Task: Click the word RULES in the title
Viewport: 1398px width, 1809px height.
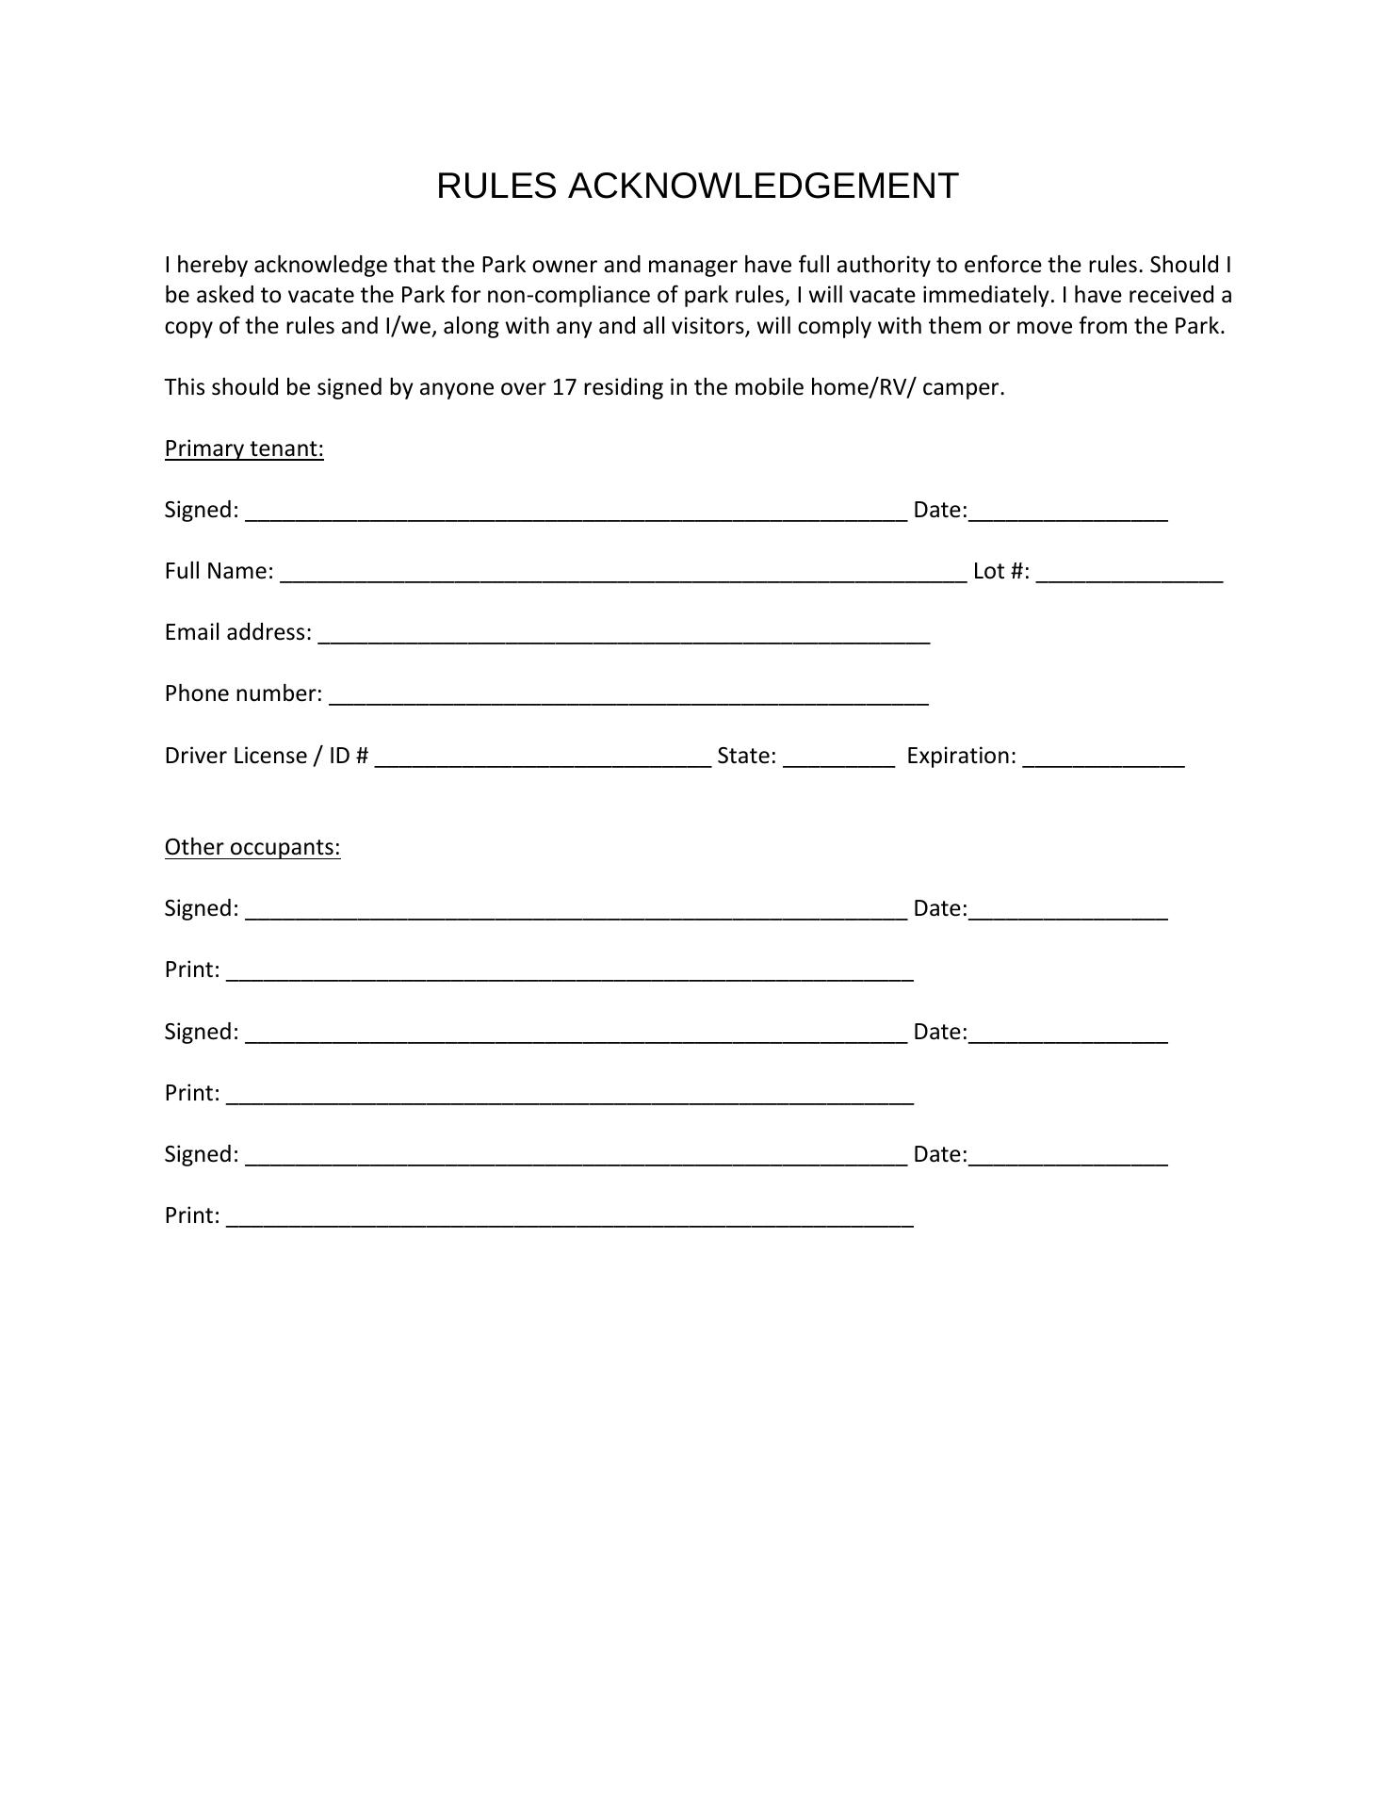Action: click(496, 187)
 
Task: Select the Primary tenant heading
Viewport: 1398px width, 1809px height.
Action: click(244, 448)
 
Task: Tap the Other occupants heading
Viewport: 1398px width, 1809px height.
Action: click(252, 847)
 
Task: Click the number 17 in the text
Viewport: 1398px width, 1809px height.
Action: click(563, 387)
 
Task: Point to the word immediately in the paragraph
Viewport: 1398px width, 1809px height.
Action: click(985, 296)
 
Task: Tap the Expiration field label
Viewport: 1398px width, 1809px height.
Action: click(961, 756)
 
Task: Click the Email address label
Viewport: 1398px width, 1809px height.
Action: click(237, 632)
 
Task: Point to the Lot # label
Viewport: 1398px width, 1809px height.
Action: click(1000, 571)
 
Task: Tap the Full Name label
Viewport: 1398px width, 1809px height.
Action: click(219, 571)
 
